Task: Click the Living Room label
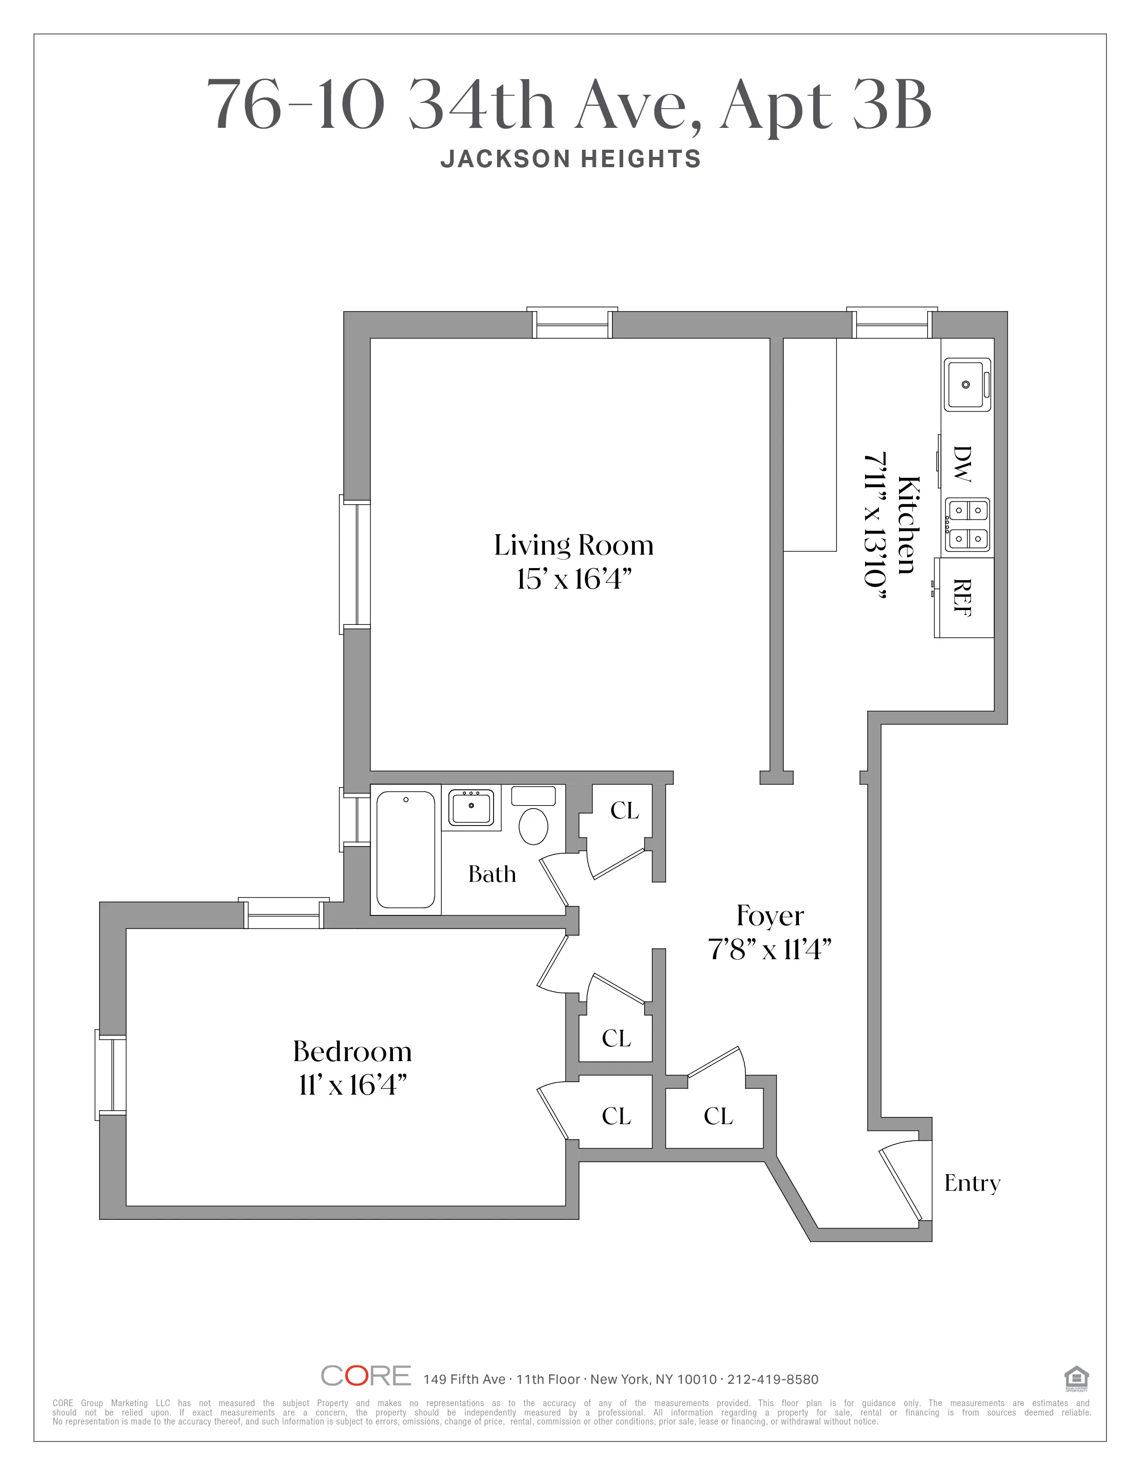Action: (574, 546)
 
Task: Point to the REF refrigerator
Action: (964, 598)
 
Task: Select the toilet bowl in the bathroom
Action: (533, 825)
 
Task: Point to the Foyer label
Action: (770, 916)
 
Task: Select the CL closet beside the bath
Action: (624, 810)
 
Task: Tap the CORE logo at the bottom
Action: (365, 1376)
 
